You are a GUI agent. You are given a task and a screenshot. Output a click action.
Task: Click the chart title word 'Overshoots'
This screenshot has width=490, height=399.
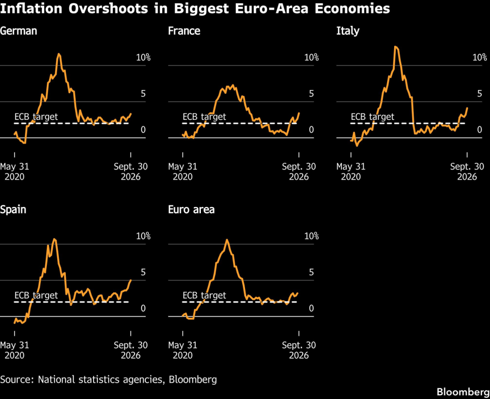click(x=108, y=9)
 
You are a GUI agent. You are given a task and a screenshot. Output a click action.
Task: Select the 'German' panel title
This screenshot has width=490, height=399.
click(x=19, y=31)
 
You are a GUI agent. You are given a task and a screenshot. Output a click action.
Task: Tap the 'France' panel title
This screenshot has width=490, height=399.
click(x=184, y=31)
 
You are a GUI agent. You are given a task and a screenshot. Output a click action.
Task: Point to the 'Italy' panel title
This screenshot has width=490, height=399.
click(x=348, y=31)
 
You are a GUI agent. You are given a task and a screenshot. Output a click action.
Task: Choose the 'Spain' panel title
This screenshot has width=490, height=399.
click(x=13, y=210)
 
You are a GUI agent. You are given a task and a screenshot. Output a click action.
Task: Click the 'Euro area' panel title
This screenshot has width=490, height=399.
click(x=191, y=210)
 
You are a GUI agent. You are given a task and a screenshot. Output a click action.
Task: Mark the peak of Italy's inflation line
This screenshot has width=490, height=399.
click(x=396, y=47)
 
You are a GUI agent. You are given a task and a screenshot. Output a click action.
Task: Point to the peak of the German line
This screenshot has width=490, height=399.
click(x=59, y=54)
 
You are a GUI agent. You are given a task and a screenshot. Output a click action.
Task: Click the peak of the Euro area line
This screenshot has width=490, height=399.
click(x=227, y=240)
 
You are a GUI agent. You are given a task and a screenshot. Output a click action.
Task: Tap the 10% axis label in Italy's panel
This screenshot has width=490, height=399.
click(x=479, y=58)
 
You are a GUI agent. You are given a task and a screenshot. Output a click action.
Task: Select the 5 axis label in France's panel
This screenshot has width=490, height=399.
click(x=311, y=94)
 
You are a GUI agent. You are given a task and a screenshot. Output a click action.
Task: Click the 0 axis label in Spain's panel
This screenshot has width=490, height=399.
click(x=143, y=309)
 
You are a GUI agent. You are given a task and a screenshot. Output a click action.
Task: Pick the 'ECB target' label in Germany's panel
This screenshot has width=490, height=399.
click(x=36, y=117)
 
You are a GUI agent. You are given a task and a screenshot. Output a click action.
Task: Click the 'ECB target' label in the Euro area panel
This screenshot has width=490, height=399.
click(x=204, y=295)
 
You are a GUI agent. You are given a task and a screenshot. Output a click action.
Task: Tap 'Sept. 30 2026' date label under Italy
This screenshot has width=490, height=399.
click(x=467, y=172)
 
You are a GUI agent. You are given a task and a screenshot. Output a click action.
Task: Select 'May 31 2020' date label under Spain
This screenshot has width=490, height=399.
click(x=15, y=350)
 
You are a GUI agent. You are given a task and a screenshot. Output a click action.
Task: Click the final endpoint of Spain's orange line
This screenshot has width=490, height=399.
click(x=131, y=280)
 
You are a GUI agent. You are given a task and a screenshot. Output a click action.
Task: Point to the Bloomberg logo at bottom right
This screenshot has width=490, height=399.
click(x=463, y=391)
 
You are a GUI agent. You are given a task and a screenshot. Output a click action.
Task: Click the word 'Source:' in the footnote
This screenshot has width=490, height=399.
click(x=17, y=379)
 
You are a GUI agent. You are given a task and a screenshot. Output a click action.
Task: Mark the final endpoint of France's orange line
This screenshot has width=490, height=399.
click(x=299, y=113)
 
